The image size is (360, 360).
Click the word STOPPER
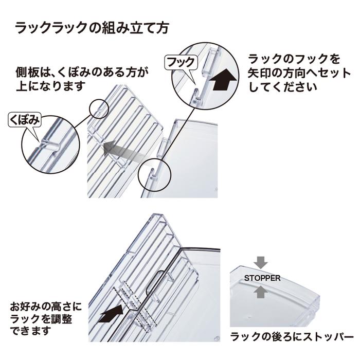(x=262, y=278)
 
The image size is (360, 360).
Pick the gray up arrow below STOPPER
(x=261, y=293)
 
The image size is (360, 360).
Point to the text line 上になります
(x=49, y=85)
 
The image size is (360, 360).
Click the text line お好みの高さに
(x=46, y=305)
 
